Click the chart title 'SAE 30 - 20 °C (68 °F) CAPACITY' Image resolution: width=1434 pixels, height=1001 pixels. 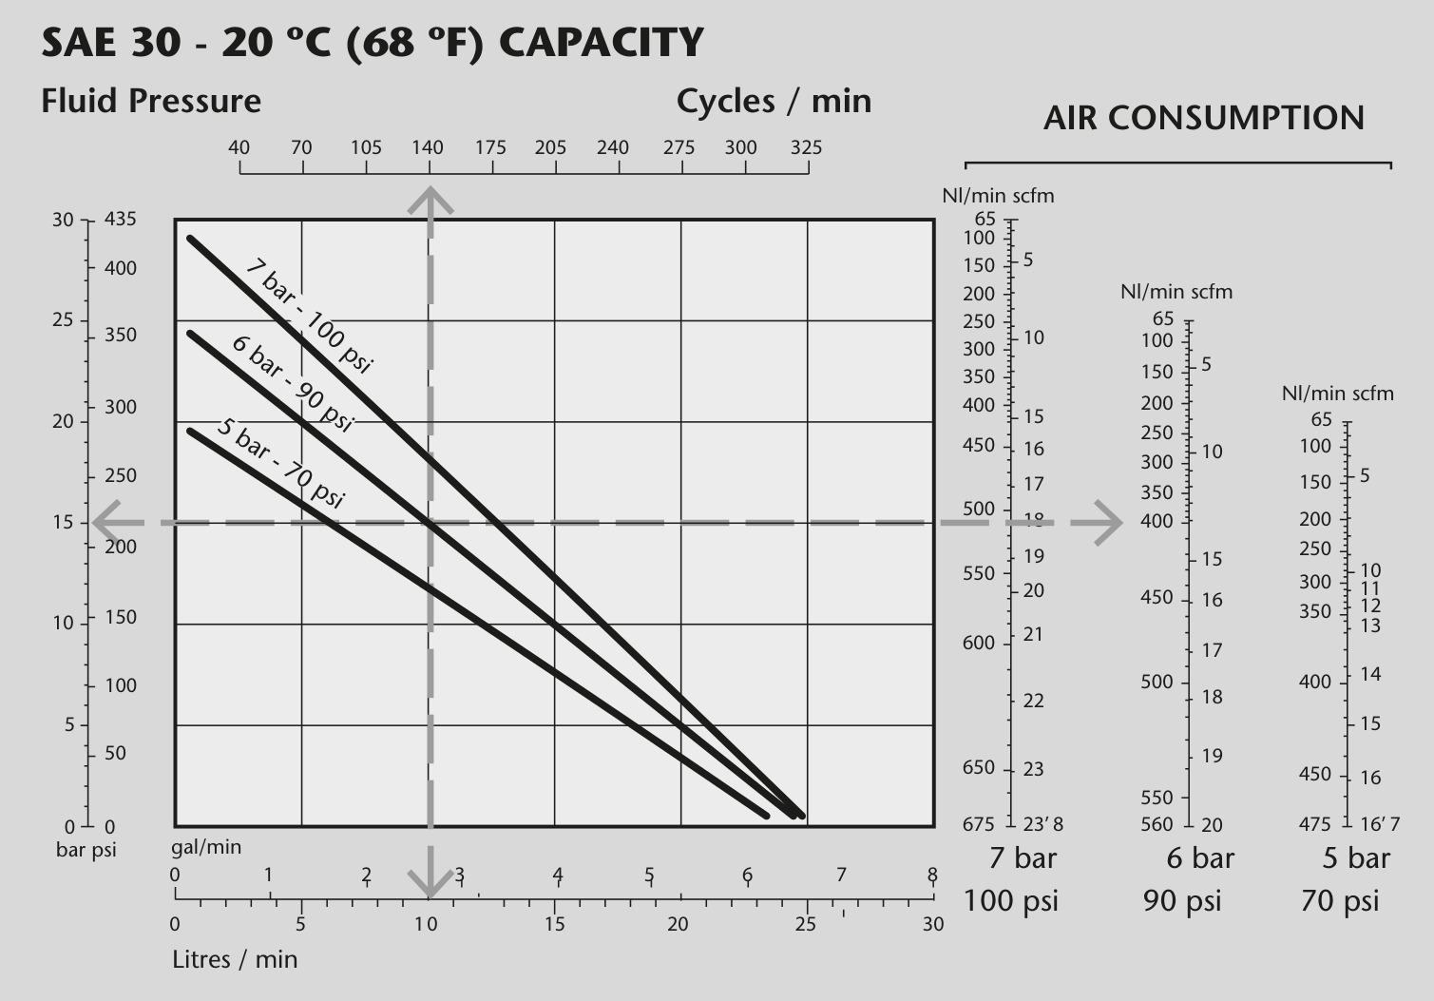(x=373, y=44)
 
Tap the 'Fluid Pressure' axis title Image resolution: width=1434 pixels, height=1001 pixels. (x=151, y=101)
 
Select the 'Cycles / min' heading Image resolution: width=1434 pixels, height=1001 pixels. (x=774, y=101)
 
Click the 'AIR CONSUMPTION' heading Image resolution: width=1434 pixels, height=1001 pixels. (x=1204, y=118)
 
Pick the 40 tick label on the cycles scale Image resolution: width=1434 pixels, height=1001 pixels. (x=239, y=148)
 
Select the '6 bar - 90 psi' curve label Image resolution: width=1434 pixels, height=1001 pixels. (x=292, y=383)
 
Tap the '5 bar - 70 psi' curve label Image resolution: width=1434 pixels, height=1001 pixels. (x=280, y=462)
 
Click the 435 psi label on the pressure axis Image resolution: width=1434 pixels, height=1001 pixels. (x=121, y=219)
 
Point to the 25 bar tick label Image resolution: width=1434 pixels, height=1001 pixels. (x=63, y=319)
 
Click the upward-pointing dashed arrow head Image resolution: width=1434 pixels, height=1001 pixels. (x=430, y=200)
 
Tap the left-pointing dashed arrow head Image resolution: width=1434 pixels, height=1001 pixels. (x=107, y=523)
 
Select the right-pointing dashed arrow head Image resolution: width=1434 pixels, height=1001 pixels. (x=1109, y=523)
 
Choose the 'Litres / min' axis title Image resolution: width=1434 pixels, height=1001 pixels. (x=235, y=959)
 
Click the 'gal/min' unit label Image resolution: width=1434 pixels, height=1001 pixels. (x=206, y=847)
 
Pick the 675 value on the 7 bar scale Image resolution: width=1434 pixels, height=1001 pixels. (x=979, y=823)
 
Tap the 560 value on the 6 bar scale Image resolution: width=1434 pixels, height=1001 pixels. (x=1157, y=823)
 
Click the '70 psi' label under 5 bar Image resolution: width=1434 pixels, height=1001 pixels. (x=1340, y=901)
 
